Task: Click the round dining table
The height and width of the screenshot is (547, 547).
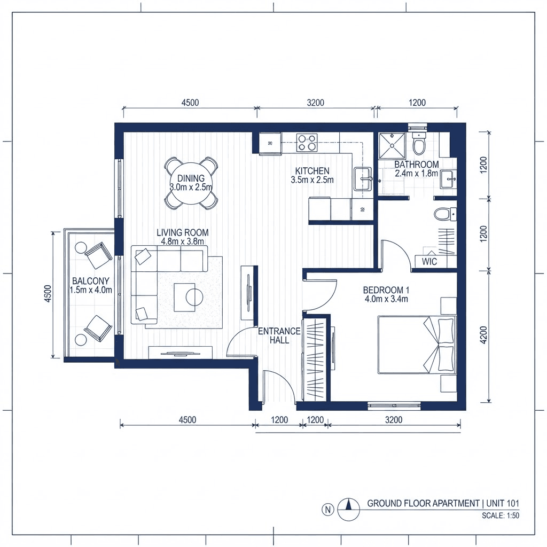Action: tap(191, 184)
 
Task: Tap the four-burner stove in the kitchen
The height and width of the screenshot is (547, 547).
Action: tap(307, 143)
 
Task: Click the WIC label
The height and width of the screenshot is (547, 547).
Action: tap(429, 262)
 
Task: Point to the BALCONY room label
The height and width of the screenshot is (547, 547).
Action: tap(91, 281)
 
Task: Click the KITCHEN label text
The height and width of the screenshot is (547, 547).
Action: tap(312, 171)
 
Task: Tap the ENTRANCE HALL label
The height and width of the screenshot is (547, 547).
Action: tap(279, 335)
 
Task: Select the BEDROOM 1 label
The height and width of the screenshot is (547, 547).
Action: tap(386, 290)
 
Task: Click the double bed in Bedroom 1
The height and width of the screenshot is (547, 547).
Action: tap(417, 345)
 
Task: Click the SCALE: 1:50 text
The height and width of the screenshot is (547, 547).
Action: tap(501, 515)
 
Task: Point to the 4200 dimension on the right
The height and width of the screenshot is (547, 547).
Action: tap(483, 335)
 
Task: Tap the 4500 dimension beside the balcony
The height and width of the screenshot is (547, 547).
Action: tap(48, 294)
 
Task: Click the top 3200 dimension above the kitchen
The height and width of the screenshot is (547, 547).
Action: tap(315, 103)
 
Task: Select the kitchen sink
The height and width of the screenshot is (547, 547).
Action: tap(363, 179)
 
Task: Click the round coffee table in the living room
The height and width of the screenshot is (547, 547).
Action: tap(194, 297)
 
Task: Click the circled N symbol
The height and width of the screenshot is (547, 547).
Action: tap(327, 510)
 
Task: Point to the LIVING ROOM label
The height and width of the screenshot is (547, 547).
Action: tap(183, 232)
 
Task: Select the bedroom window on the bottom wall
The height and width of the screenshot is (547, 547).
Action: tap(394, 406)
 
